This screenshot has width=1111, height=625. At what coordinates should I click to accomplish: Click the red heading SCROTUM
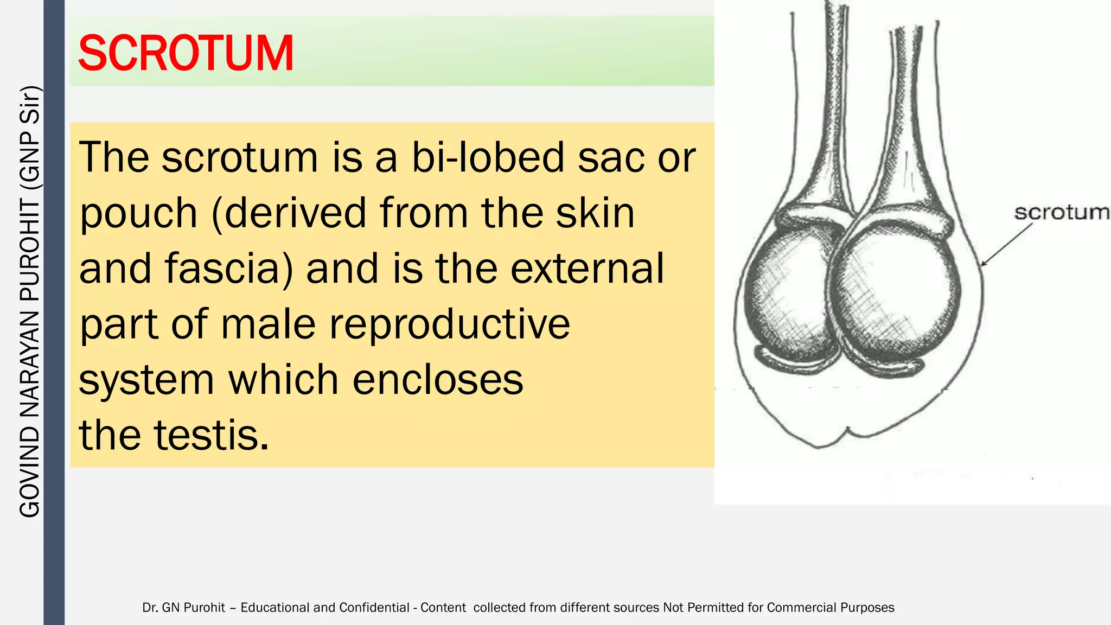(186, 53)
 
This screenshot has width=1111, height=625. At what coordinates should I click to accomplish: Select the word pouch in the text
(138, 213)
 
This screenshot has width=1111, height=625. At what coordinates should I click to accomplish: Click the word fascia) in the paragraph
(229, 269)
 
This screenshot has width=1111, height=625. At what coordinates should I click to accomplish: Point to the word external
(587, 269)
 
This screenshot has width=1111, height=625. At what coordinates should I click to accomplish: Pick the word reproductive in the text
(450, 324)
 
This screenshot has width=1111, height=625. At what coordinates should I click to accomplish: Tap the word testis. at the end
(212, 435)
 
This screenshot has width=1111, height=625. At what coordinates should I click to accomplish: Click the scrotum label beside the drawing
(1062, 212)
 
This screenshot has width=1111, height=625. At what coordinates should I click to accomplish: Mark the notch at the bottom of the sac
(848, 432)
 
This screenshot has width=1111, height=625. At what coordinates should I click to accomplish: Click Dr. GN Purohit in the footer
(183, 608)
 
